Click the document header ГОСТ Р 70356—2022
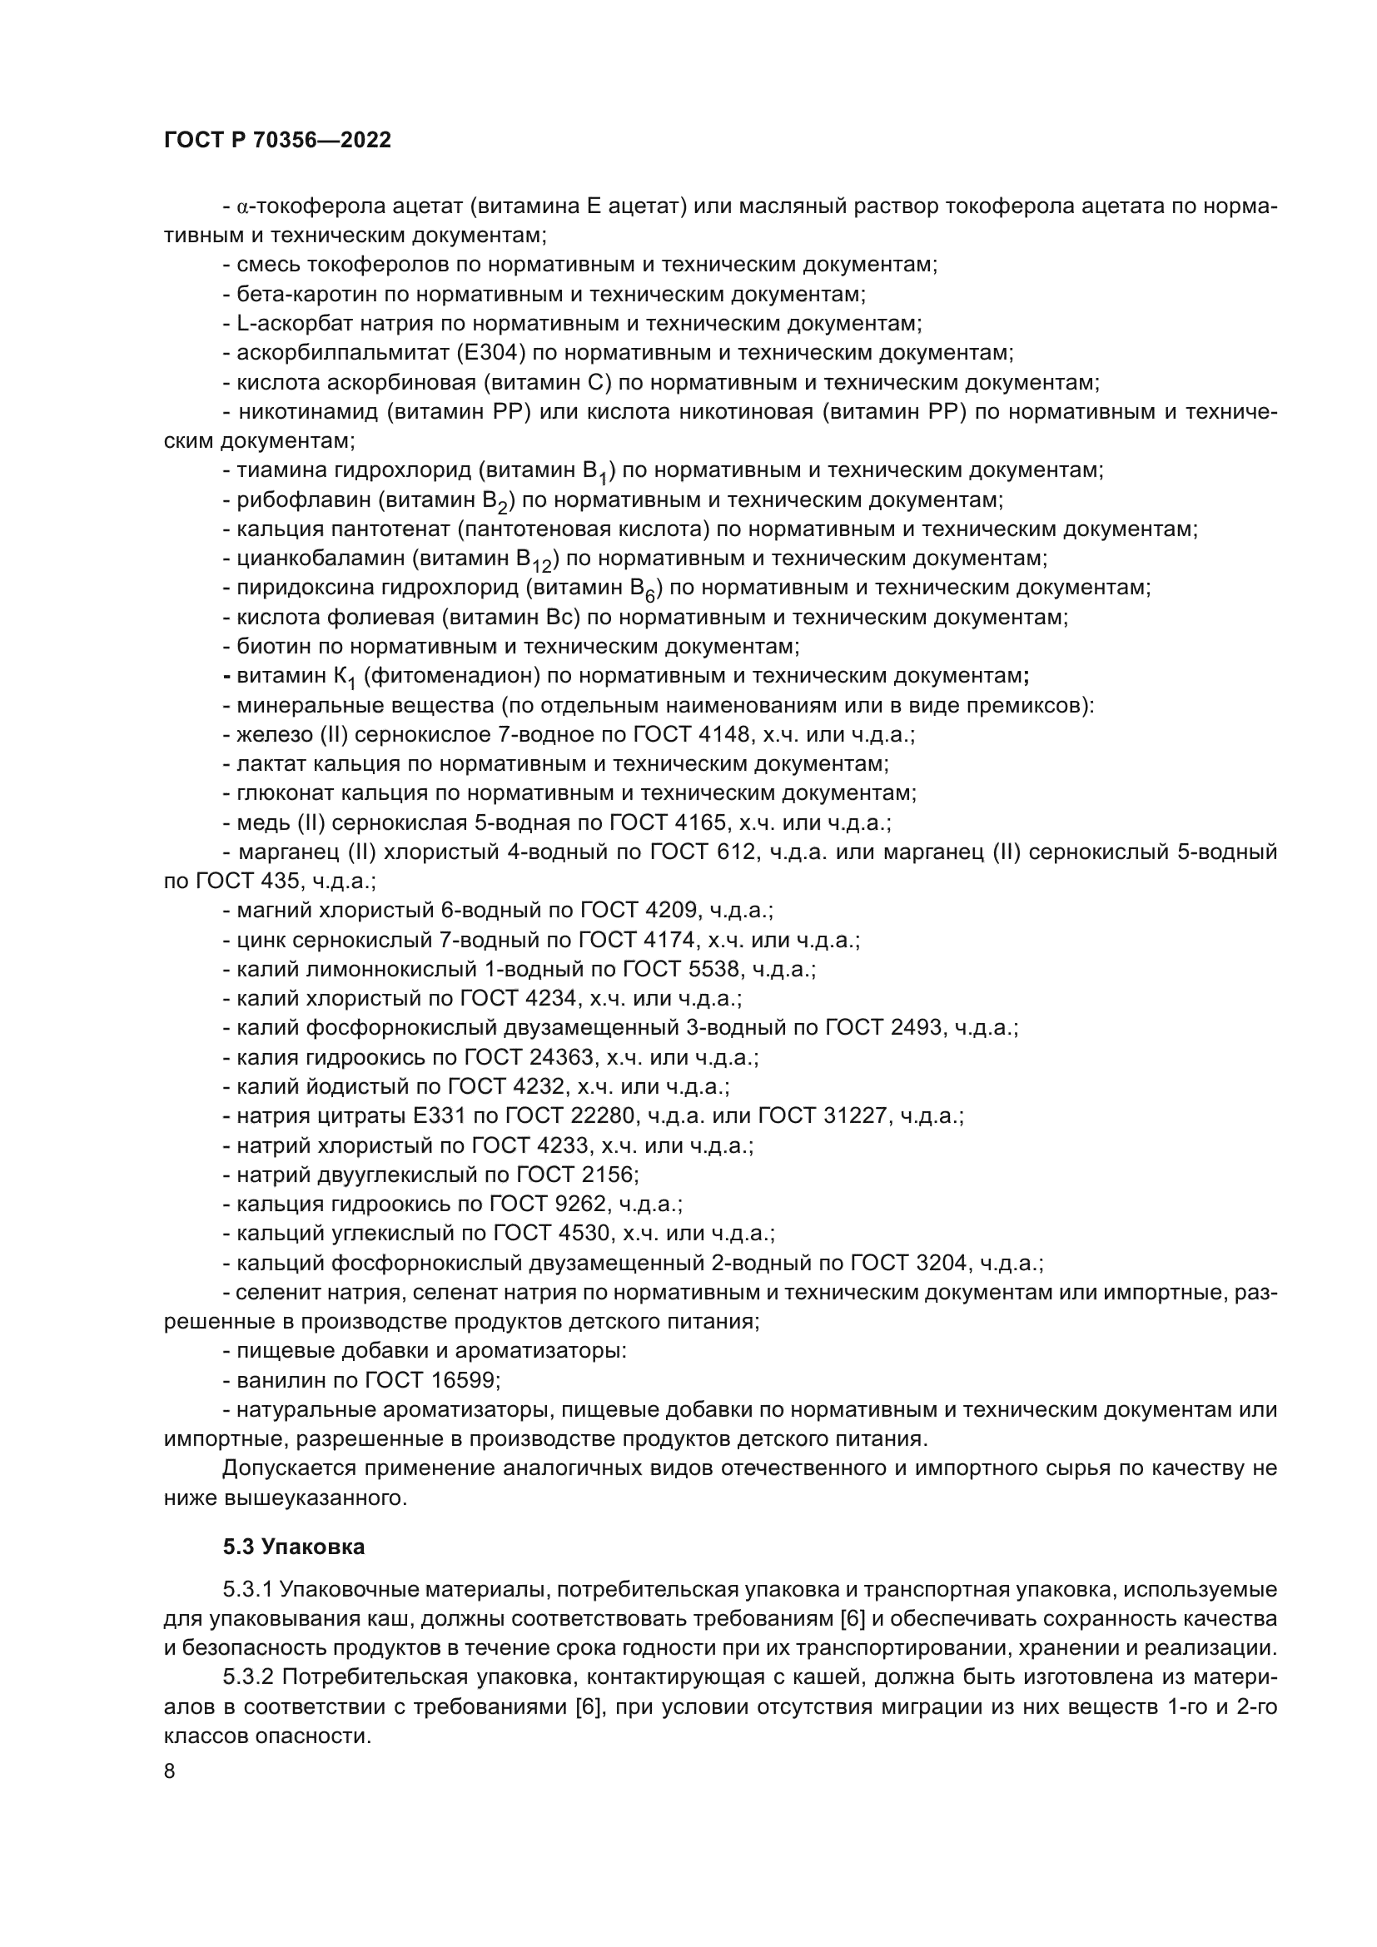277,141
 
